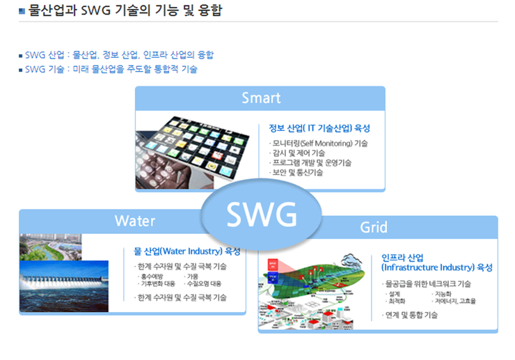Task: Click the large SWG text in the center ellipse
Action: pyautogui.click(x=262, y=214)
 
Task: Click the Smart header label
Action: pyautogui.click(x=261, y=98)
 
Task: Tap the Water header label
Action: pyautogui.click(x=134, y=221)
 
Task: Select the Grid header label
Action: pyautogui.click(x=374, y=227)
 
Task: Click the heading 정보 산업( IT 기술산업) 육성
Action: pyautogui.click(x=319, y=128)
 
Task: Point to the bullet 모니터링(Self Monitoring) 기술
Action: pyautogui.click(x=319, y=143)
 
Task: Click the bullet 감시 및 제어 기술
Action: pyautogui.click(x=297, y=153)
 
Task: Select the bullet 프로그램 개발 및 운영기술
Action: pyautogui.click(x=310, y=163)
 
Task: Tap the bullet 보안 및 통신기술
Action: pyautogui.click(x=296, y=172)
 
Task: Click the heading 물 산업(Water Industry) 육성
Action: pyautogui.click(x=187, y=251)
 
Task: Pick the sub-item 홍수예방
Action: pyautogui.click(x=151, y=276)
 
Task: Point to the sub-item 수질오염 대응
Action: pyautogui.click(x=203, y=283)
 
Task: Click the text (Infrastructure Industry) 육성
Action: pyautogui.click(x=437, y=267)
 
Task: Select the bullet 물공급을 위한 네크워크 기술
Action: pyautogui.click(x=427, y=283)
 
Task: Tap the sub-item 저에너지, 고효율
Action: pyautogui.click(x=454, y=301)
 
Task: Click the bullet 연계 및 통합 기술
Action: pyautogui.click(x=410, y=315)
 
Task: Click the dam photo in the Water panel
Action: pyautogui.click(x=64, y=286)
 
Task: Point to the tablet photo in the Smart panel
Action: pyautogui.click(x=192, y=152)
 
